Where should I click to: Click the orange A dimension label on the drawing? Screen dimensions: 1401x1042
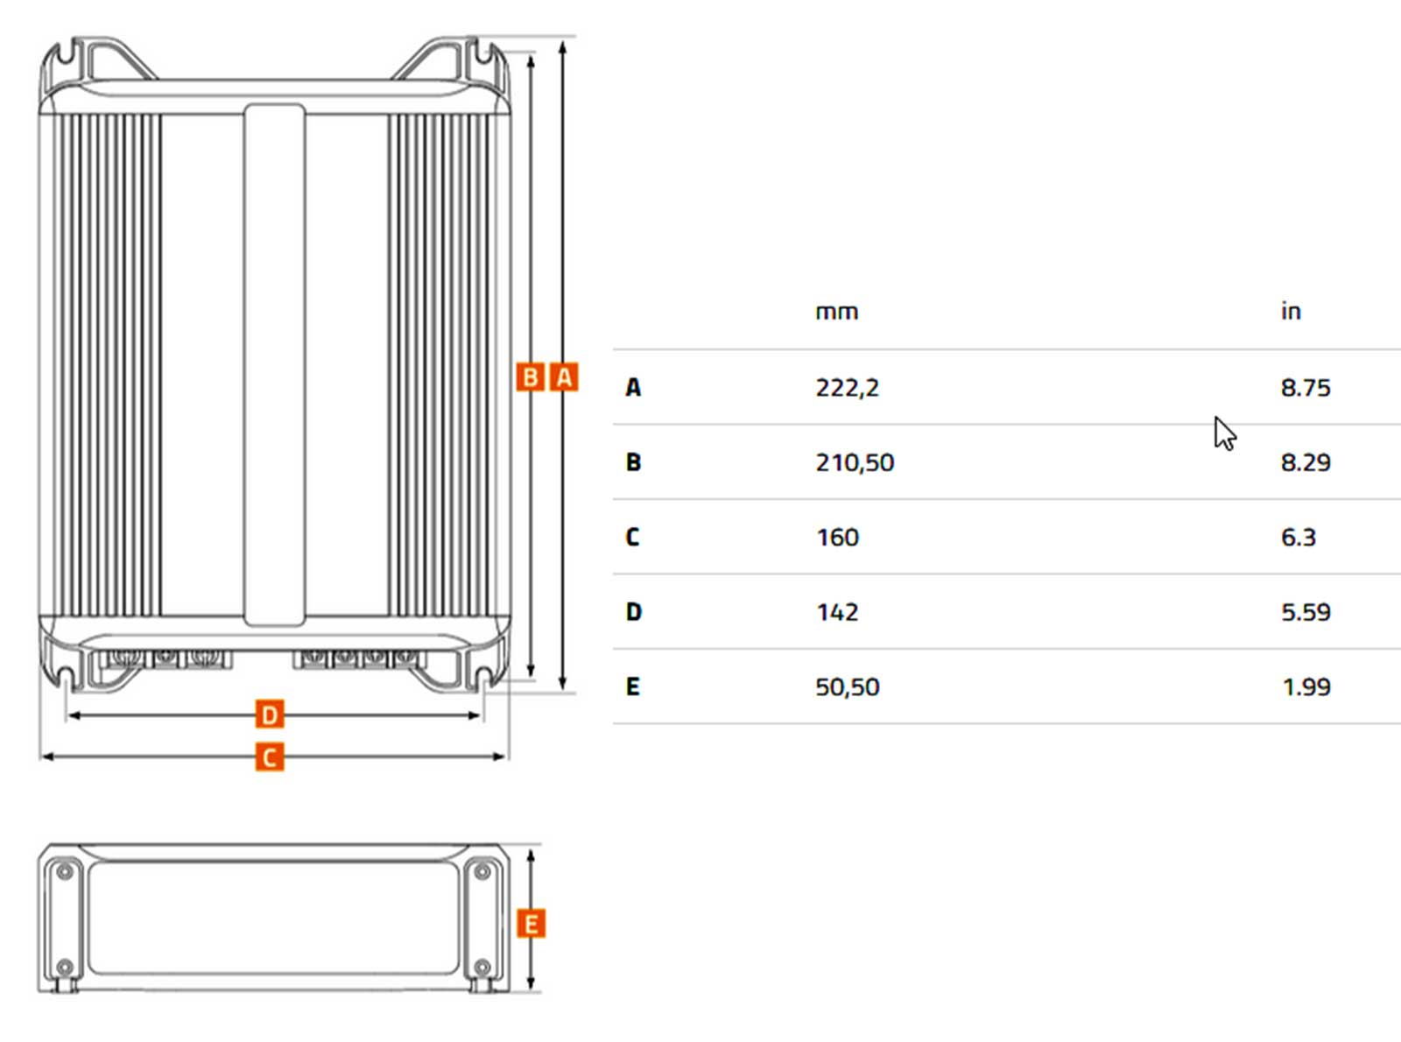click(x=563, y=377)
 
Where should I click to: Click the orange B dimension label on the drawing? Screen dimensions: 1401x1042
click(x=530, y=377)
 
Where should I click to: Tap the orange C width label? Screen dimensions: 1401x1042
click(x=270, y=757)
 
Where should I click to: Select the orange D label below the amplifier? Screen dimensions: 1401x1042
click(x=270, y=715)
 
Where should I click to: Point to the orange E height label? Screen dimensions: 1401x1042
click(x=531, y=925)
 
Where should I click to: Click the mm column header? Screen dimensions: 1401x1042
click(x=836, y=312)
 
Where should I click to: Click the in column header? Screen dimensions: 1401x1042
click(x=1291, y=311)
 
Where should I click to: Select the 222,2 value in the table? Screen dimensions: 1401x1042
click(x=847, y=388)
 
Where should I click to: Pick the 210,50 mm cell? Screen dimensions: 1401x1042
click(x=855, y=462)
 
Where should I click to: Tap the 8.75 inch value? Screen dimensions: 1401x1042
click(x=1306, y=388)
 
